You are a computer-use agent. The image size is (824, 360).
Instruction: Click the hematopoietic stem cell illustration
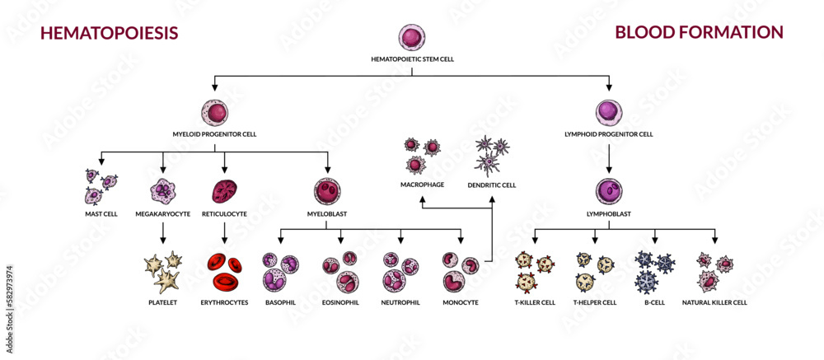412,38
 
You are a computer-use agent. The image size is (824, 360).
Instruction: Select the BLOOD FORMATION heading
699,32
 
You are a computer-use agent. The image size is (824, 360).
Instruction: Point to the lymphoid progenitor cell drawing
609,112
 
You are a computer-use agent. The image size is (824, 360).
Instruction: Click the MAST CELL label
101,213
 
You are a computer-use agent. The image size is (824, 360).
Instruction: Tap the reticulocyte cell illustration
225,192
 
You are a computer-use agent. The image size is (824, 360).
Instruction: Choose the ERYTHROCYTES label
225,302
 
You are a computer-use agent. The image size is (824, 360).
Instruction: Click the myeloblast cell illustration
327,192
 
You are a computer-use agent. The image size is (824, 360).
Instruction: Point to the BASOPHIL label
280,302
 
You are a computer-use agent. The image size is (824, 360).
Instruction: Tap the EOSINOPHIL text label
340,302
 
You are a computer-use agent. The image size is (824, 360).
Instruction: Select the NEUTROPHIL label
401,302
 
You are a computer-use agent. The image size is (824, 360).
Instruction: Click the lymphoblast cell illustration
609,192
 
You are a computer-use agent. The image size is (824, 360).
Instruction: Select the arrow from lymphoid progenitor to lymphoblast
609,154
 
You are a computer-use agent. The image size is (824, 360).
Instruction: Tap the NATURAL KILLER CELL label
714,302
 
